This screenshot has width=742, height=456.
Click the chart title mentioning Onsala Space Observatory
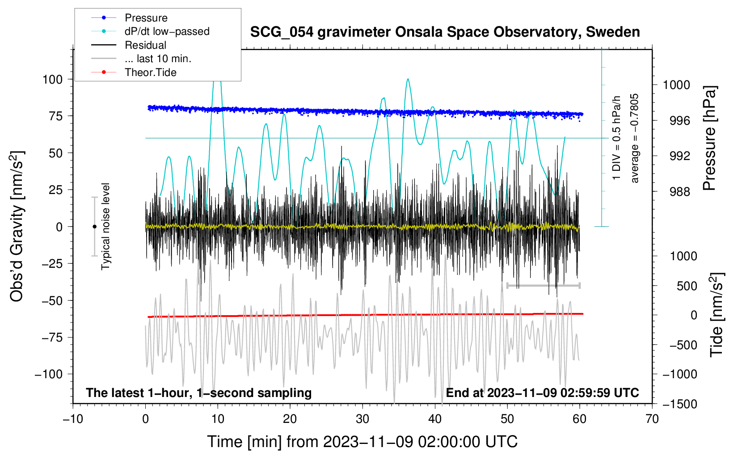coord(445,32)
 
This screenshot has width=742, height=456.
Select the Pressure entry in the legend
coord(146,18)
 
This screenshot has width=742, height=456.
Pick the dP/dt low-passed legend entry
coord(167,31)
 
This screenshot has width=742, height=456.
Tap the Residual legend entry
coord(145,45)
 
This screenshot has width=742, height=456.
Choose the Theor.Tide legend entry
coord(150,72)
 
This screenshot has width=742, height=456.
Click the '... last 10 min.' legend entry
coord(158,59)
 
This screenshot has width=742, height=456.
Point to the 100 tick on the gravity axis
coord(52,80)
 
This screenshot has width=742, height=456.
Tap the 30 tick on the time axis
coord(363,419)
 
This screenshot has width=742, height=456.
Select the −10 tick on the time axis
coord(73,419)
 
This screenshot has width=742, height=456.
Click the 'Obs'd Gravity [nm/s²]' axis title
coord(17,227)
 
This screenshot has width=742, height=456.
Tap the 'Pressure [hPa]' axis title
coord(709,138)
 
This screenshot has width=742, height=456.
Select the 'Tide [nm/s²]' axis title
coord(717,315)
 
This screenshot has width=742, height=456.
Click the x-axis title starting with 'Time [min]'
coord(363,442)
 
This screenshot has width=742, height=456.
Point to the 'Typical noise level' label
coord(105,227)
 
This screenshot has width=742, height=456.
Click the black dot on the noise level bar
coord(94,227)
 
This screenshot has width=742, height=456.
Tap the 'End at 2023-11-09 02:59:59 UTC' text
coord(542,393)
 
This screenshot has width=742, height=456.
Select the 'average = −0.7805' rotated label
coord(635,138)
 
